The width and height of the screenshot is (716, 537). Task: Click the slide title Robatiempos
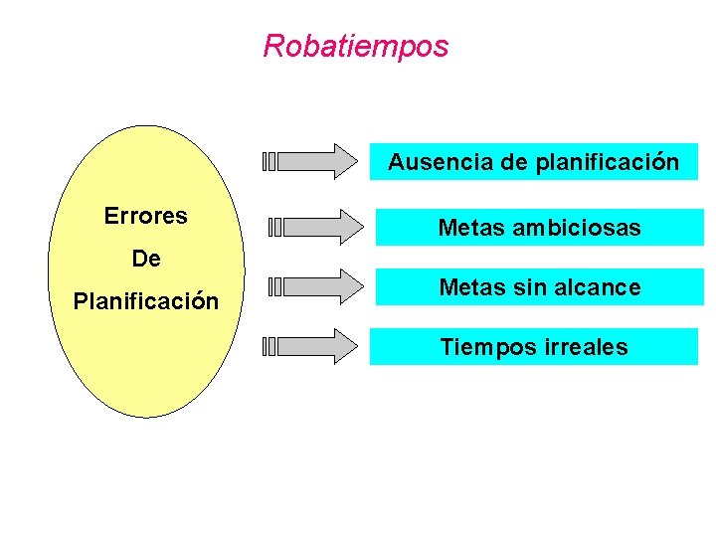[356, 46]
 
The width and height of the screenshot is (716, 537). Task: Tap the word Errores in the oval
[146, 217]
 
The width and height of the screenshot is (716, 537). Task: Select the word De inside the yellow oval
[146, 260]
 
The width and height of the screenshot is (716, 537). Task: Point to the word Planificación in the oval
[146, 301]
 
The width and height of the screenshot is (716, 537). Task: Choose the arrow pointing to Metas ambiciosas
[323, 226]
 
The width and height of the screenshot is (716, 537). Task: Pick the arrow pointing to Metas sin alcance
[323, 286]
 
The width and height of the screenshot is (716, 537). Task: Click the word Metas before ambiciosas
[471, 229]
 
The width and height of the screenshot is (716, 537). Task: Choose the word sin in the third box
[527, 288]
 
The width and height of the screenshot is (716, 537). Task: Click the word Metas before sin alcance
[472, 288]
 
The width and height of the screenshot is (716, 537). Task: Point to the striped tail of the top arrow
[269, 161]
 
